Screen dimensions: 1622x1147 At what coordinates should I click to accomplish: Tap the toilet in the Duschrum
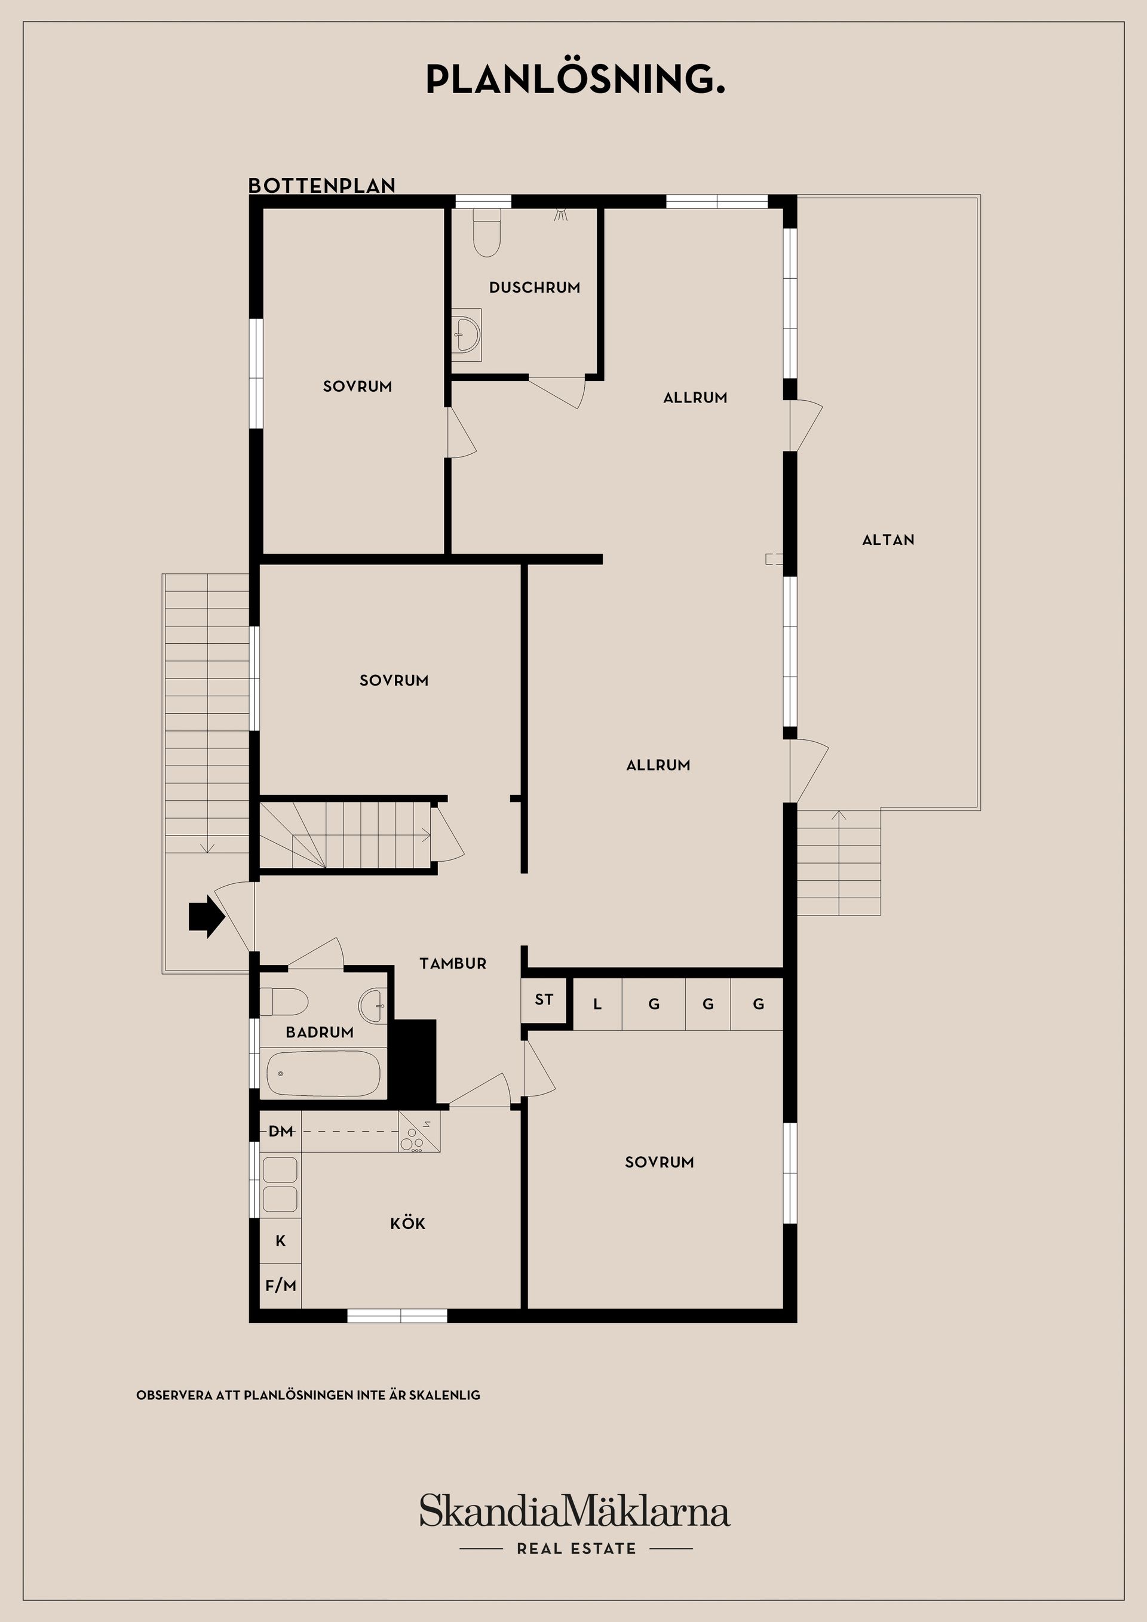coord(486,232)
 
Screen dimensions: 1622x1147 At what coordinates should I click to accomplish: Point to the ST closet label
coord(544,1000)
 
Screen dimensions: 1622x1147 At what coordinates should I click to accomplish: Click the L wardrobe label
coord(597,1004)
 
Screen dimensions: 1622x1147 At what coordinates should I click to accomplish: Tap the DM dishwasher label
coord(281,1131)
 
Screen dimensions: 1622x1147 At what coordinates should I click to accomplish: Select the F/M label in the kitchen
coord(281,1285)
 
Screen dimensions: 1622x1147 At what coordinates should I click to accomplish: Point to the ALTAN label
coord(888,540)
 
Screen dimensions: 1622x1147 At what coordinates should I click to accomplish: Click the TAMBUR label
coord(453,964)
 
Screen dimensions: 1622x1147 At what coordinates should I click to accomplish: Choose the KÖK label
coord(408,1224)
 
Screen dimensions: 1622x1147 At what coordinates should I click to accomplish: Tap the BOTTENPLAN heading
coord(321,186)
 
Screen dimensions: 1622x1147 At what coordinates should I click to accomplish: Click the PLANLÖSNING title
coord(575,80)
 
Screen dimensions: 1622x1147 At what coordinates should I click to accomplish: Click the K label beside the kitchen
coord(281,1240)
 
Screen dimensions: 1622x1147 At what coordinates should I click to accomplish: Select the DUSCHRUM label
coord(534,287)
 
